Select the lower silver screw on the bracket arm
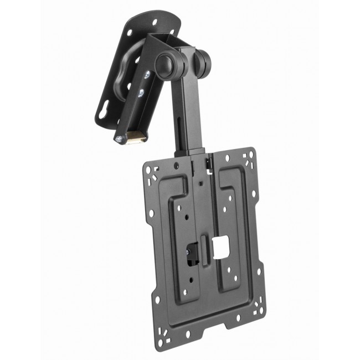[142, 92]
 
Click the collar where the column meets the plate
[192, 155]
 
